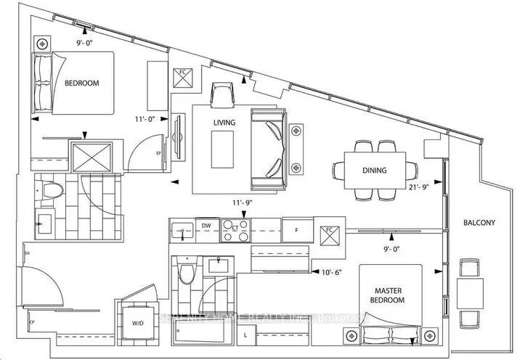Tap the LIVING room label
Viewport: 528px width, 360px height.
[x=224, y=123]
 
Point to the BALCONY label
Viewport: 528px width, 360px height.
[x=480, y=224]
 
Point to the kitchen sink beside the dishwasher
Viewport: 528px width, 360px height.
[x=181, y=232]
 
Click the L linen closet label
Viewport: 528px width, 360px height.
[x=246, y=335]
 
